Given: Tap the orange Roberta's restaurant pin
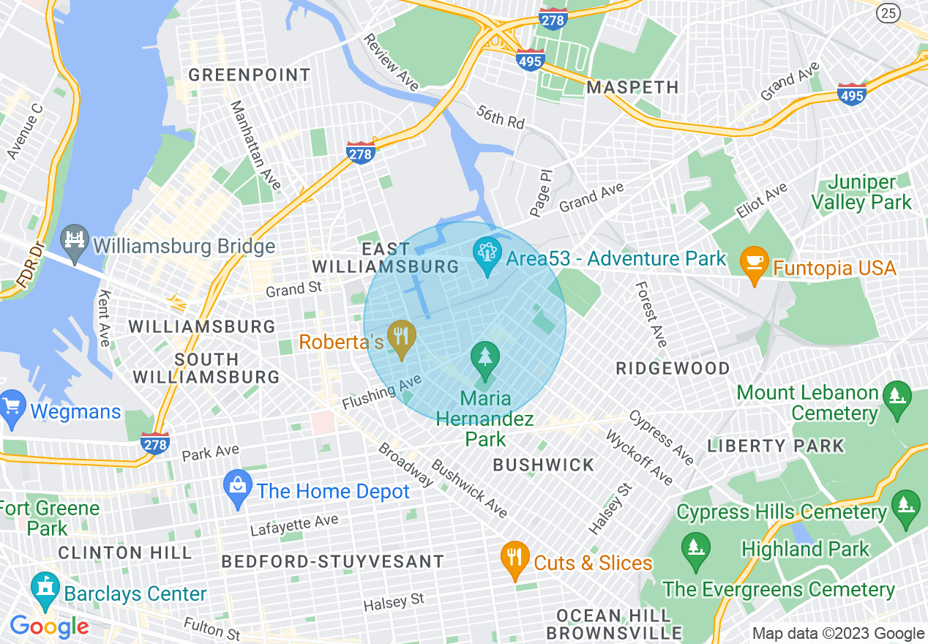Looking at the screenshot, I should click(400, 338).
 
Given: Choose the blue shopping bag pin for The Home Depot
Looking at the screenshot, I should click(237, 489).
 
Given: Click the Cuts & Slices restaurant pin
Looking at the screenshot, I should click(514, 560).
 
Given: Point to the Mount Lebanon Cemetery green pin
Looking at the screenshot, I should click(894, 398).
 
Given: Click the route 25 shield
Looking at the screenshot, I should click(888, 12).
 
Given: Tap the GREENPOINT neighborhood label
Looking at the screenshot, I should click(250, 75).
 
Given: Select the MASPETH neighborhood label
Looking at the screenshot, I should click(632, 87).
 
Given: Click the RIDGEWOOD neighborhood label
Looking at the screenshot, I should click(673, 368).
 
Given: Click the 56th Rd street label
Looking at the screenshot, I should click(501, 117).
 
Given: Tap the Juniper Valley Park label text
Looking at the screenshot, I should click(871, 192).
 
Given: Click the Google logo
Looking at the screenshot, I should click(49, 626).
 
